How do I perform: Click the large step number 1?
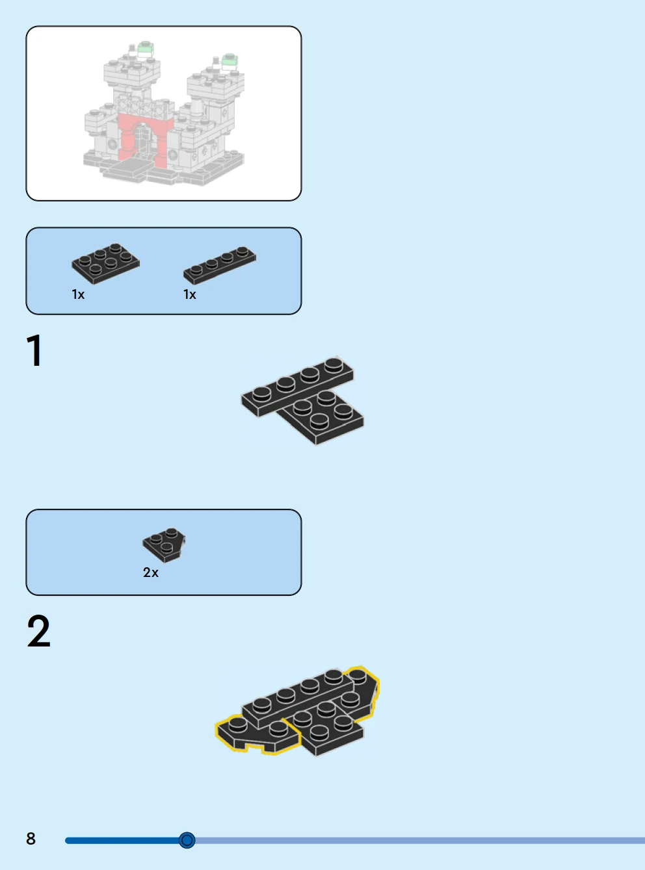click(x=34, y=350)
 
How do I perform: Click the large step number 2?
click(x=38, y=631)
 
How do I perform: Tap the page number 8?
click(x=31, y=838)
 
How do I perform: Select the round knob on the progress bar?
click(x=187, y=840)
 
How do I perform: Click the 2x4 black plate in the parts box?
click(x=105, y=263)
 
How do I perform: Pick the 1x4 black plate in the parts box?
click(x=220, y=265)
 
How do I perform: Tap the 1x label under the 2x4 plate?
click(x=78, y=294)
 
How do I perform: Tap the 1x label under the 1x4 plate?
click(x=190, y=294)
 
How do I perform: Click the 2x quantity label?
click(x=151, y=572)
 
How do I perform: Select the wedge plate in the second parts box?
click(x=164, y=545)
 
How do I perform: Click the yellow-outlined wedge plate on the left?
click(x=257, y=734)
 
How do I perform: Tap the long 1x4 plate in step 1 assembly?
click(x=297, y=387)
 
